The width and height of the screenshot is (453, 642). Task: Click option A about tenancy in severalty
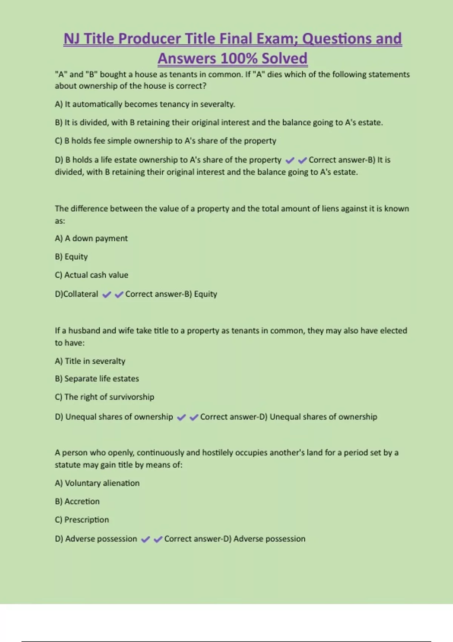(x=145, y=104)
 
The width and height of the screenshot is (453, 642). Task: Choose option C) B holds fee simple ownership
(x=165, y=141)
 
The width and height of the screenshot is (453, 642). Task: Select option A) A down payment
(x=91, y=238)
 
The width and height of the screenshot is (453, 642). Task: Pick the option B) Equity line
(x=71, y=257)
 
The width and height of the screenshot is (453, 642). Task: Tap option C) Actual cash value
(x=91, y=275)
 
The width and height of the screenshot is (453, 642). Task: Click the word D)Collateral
(x=76, y=294)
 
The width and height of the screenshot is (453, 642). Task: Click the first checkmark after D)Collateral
(x=107, y=295)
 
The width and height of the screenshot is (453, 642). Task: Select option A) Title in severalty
(x=90, y=361)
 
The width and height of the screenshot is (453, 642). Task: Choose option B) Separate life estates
(x=97, y=379)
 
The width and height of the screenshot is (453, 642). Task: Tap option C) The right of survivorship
(x=104, y=397)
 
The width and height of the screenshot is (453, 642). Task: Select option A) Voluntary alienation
(x=97, y=483)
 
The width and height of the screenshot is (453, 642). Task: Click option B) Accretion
(x=77, y=502)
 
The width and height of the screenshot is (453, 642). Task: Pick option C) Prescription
(x=82, y=520)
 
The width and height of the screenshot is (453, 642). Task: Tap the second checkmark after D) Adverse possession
(x=158, y=539)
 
